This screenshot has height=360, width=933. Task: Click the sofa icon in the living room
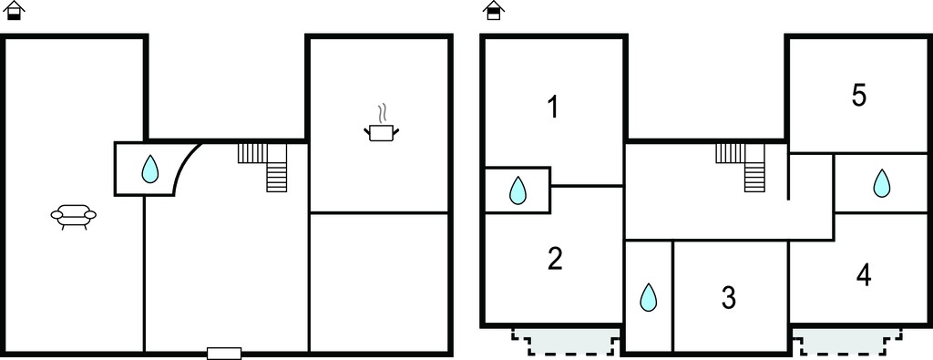pyautogui.click(x=73, y=217)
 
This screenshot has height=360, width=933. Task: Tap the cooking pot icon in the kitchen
pyautogui.click(x=381, y=132)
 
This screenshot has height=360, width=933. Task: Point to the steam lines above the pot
pyautogui.click(x=384, y=113)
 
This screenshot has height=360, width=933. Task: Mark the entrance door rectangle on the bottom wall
pyautogui.click(x=224, y=354)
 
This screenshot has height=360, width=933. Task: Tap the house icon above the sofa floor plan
pyautogui.click(x=14, y=10)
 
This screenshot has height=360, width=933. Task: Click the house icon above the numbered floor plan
pyautogui.click(x=493, y=10)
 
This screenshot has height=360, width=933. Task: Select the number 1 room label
pyautogui.click(x=553, y=108)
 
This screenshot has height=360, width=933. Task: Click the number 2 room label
pyautogui.click(x=555, y=259)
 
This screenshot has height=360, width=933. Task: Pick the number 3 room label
pyautogui.click(x=729, y=297)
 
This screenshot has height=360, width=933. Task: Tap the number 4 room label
pyautogui.click(x=864, y=275)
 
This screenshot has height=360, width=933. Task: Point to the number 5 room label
pyautogui.click(x=858, y=95)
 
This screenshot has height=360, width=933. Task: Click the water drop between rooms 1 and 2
pyautogui.click(x=518, y=190)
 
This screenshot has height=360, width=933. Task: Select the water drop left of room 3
pyautogui.click(x=648, y=297)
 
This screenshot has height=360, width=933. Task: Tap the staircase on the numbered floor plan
pyautogui.click(x=740, y=167)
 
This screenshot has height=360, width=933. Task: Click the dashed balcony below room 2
pyautogui.click(x=565, y=342)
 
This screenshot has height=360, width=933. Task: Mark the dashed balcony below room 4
pyautogui.click(x=847, y=342)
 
